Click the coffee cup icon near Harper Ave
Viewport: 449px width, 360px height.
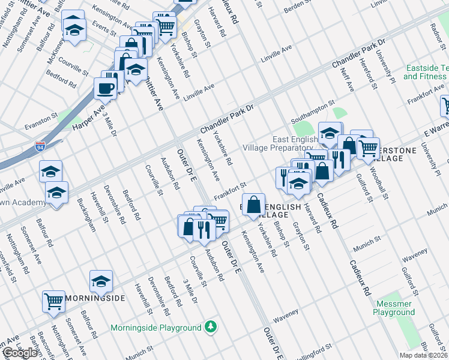106,89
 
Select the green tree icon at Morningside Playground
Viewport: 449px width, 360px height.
210,327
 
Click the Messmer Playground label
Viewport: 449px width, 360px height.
393,308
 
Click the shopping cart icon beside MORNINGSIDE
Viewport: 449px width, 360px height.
54,301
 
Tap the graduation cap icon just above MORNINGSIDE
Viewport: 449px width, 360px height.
101,280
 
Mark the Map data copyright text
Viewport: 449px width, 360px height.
424,355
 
